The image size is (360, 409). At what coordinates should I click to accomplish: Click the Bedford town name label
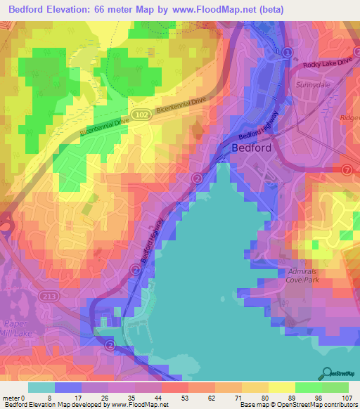(251, 148)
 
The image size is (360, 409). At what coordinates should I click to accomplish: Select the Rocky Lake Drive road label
(327, 64)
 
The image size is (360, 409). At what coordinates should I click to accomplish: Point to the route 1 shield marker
(288, 52)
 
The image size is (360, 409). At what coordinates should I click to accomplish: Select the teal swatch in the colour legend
(41, 387)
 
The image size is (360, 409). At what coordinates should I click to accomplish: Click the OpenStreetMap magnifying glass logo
(326, 372)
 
